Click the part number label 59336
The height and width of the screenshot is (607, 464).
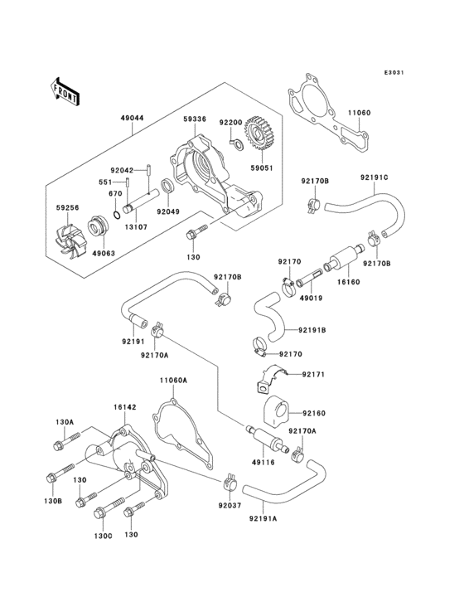click(195, 119)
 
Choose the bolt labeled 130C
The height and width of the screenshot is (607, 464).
click(106, 508)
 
